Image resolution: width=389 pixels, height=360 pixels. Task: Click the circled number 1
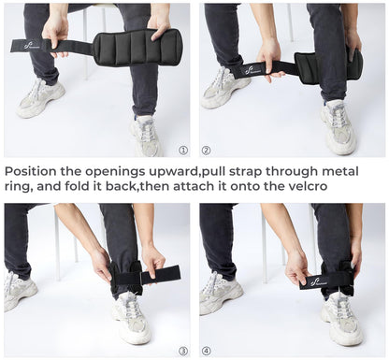(x=182, y=149)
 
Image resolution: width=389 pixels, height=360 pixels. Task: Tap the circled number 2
(x=206, y=149)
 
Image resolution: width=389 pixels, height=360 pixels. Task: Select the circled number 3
(x=182, y=350)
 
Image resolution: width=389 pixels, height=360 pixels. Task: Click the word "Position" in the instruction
(x=36, y=171)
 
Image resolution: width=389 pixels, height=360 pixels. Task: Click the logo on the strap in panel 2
(x=252, y=68)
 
